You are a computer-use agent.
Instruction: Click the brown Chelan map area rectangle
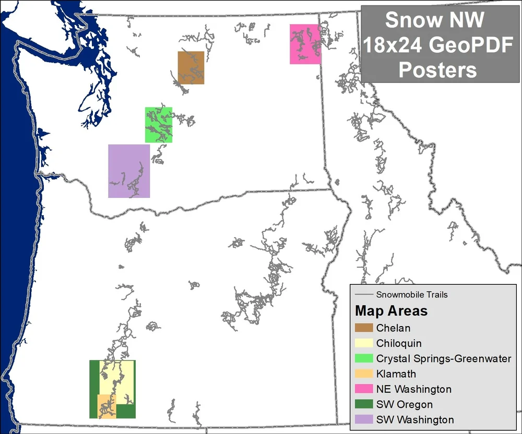click(x=191, y=68)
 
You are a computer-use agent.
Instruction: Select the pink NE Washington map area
click(x=305, y=44)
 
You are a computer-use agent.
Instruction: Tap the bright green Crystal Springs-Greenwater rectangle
click(x=159, y=125)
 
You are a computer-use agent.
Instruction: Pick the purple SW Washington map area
click(x=129, y=171)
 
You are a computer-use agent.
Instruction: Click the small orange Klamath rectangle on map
click(x=106, y=407)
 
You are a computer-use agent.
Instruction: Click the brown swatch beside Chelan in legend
click(x=364, y=328)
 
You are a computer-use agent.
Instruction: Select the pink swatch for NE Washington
click(x=364, y=389)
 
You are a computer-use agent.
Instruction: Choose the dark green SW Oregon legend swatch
click(x=364, y=404)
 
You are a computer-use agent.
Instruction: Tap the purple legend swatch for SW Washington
click(x=364, y=419)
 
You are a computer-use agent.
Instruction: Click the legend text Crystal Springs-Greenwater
click(x=443, y=358)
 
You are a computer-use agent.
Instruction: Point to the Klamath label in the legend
click(x=396, y=374)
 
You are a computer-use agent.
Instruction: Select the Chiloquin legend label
click(x=399, y=343)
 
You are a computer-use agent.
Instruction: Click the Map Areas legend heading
click(x=391, y=311)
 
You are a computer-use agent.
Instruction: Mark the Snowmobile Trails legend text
click(x=412, y=295)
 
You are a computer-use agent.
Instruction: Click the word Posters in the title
click(x=437, y=69)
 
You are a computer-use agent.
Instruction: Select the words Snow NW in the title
click(x=435, y=21)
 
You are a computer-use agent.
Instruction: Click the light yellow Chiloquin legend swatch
click(x=364, y=343)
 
